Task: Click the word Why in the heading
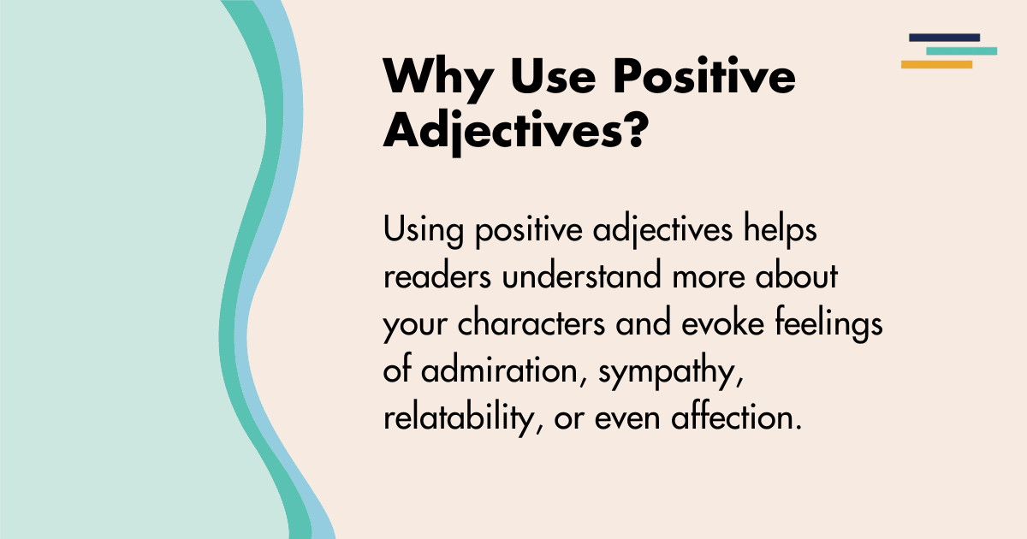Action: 437,78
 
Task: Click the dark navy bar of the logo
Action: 944,38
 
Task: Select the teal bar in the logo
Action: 961,51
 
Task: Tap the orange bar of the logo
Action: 936,64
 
